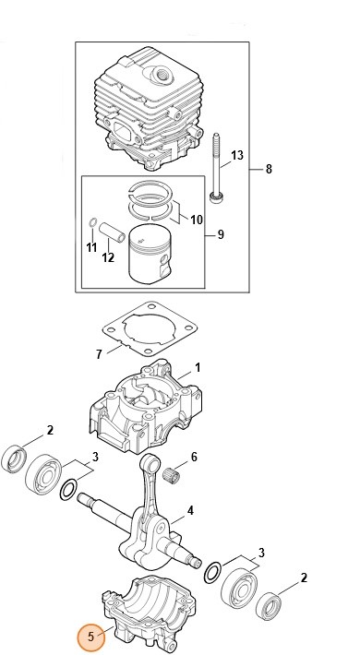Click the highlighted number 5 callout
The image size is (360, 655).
point(90,636)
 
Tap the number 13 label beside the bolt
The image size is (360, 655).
point(237,155)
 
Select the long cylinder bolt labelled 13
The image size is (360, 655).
point(216,167)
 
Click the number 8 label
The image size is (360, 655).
point(269,169)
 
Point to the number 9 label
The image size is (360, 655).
point(221,235)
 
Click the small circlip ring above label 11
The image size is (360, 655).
point(92,225)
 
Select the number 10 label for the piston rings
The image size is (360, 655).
point(196,219)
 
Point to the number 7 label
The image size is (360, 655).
point(100,354)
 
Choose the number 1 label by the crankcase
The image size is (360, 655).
point(197,367)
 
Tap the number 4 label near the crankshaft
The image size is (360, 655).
point(190,510)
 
